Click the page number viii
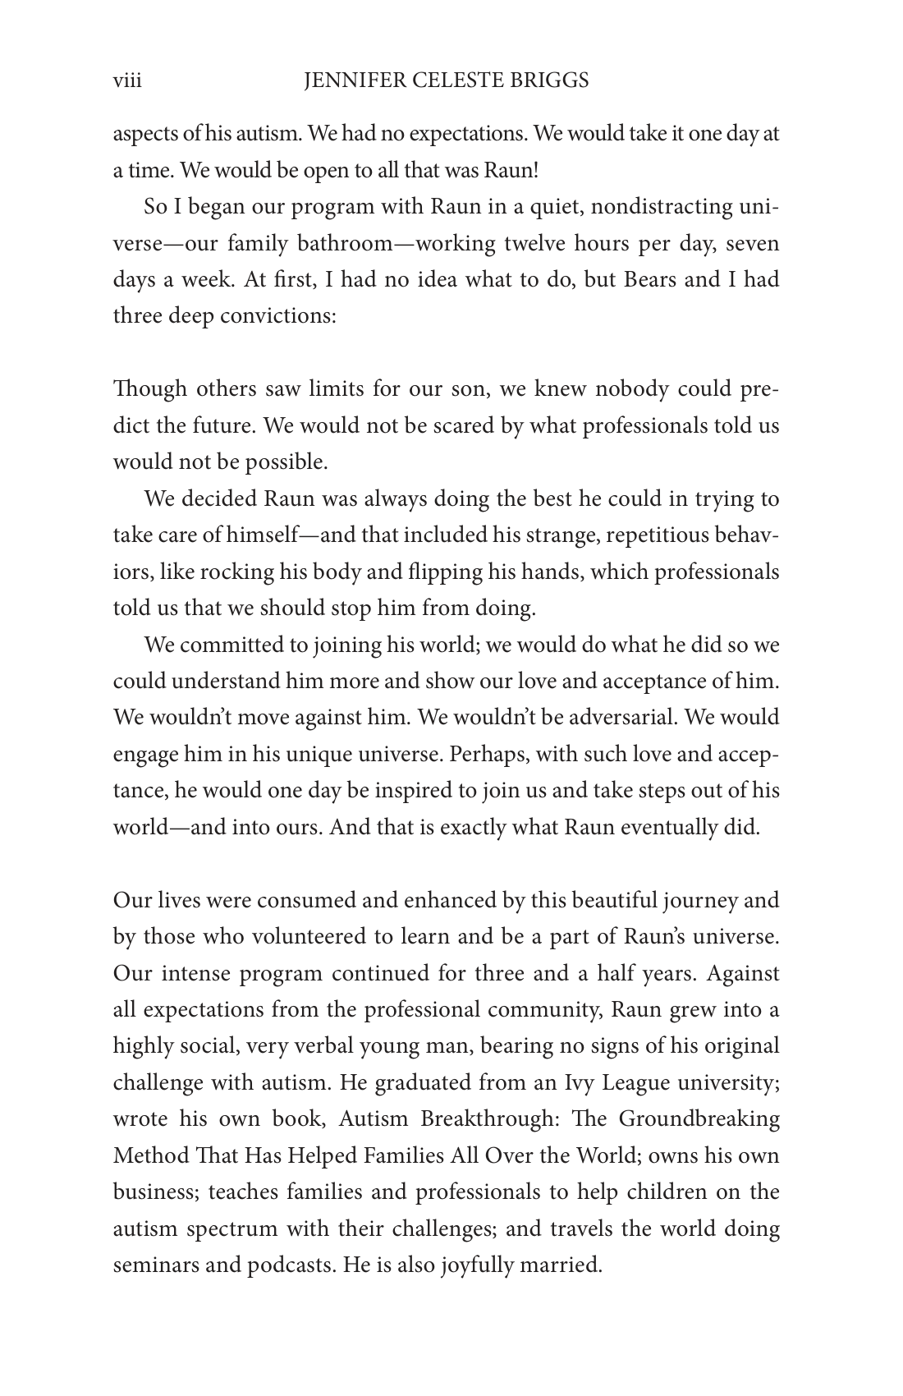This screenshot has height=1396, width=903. (127, 80)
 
